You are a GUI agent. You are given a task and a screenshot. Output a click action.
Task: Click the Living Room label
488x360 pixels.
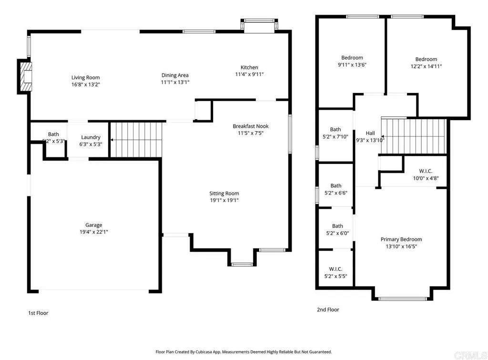pyautogui.click(x=86, y=77)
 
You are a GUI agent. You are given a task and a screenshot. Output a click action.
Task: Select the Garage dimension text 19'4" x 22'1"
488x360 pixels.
pyautogui.click(x=94, y=232)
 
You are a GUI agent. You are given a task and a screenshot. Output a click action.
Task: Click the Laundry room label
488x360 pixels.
pyautogui.click(x=91, y=137)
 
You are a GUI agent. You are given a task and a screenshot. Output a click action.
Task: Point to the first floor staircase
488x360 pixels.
pyautogui.click(x=136, y=139)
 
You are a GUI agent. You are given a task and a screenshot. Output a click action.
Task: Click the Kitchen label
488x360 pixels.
pyautogui.click(x=249, y=67)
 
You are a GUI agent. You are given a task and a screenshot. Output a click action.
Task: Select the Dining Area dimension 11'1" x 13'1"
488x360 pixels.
pyautogui.click(x=175, y=82)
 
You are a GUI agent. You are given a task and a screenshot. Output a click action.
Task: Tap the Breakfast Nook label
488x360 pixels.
pyautogui.click(x=251, y=126)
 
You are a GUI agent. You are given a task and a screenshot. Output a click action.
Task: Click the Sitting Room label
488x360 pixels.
pyautogui.click(x=224, y=193)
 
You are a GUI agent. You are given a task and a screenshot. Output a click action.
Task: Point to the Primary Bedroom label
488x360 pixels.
pyautogui.click(x=401, y=239)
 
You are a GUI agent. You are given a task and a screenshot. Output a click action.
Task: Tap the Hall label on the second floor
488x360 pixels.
pyautogui.click(x=370, y=133)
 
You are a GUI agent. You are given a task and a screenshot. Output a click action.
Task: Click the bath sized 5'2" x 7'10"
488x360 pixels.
pyautogui.click(x=335, y=133)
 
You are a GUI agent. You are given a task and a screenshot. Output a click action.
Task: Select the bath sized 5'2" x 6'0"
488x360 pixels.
pyautogui.click(x=337, y=229)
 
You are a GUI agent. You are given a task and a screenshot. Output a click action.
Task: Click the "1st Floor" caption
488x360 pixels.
pyautogui.click(x=38, y=313)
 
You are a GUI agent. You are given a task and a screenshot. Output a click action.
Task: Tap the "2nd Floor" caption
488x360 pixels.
pyautogui.click(x=328, y=309)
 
